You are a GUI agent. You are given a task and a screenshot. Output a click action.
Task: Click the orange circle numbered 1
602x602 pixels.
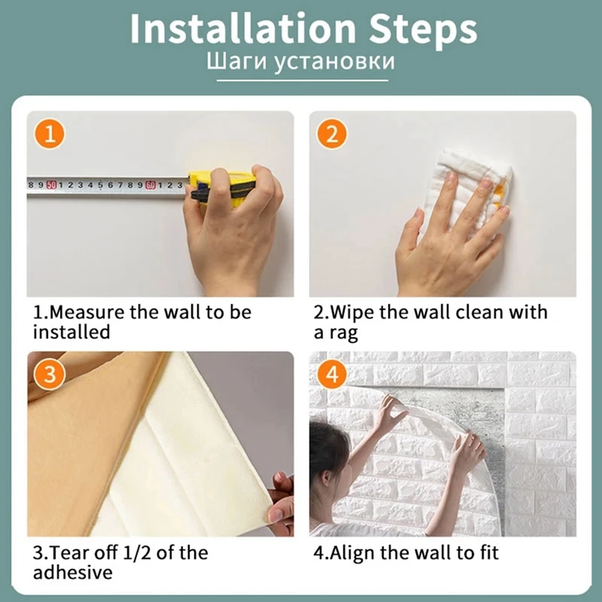[x=50, y=134]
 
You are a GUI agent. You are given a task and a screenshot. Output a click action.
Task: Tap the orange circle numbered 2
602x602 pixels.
[x=332, y=134]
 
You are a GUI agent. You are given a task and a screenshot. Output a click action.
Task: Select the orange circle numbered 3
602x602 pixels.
[x=50, y=375]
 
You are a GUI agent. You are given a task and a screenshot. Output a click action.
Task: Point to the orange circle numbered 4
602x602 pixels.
[x=332, y=375]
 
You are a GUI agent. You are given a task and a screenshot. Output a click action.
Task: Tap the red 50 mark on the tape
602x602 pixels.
[x=51, y=185]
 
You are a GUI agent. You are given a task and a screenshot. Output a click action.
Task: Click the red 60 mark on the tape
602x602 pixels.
[x=150, y=185]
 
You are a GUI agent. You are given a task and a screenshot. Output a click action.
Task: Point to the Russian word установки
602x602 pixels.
[x=334, y=62]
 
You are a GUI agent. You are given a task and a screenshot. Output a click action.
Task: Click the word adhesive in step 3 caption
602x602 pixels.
[x=72, y=572]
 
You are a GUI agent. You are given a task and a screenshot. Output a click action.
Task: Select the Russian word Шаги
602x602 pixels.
[x=237, y=62]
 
